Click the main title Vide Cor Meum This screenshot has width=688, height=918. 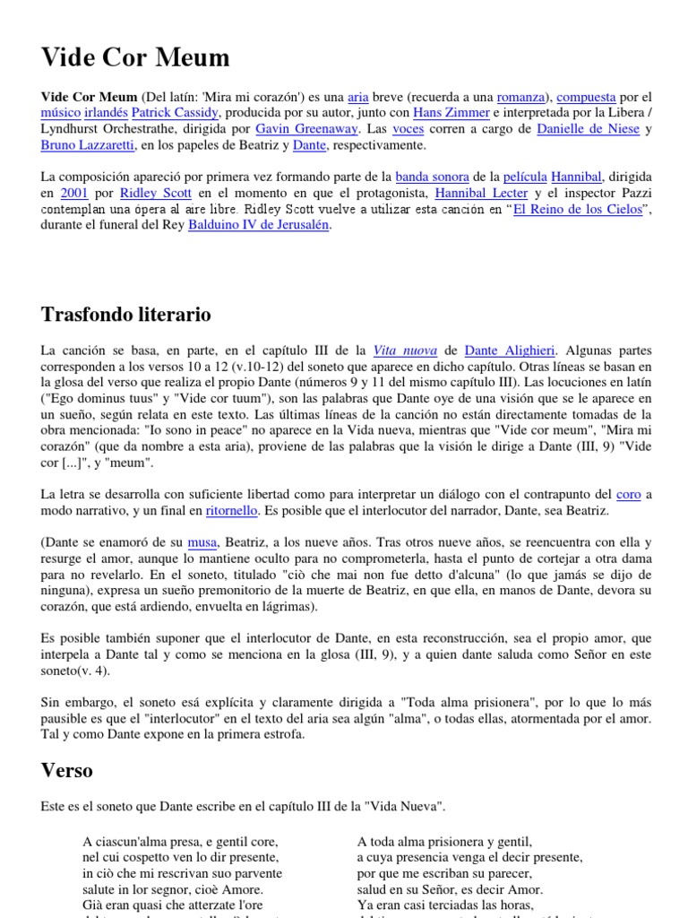click(x=135, y=58)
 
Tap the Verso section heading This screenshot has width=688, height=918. click(x=67, y=770)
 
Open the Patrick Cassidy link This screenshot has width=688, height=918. click(x=176, y=113)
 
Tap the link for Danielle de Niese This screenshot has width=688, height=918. click(x=588, y=129)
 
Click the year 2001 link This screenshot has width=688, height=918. click(x=73, y=194)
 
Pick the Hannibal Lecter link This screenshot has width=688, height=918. click(x=481, y=194)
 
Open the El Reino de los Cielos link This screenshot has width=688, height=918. click(x=577, y=210)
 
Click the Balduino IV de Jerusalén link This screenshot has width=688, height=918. click(x=259, y=226)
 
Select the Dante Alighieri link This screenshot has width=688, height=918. click(x=510, y=351)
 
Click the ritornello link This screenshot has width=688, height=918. click(x=231, y=510)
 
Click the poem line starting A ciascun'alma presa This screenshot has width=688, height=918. click(x=180, y=842)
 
